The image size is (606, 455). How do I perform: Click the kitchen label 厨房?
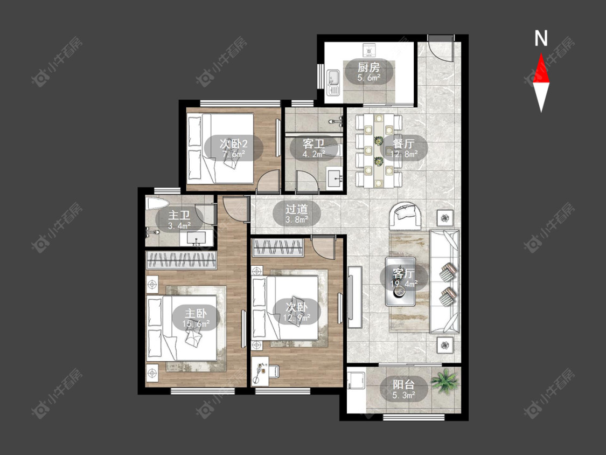tap(368, 67)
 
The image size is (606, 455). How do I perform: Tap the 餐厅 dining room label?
tap(403, 143)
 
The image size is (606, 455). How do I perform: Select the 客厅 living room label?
tap(403, 273)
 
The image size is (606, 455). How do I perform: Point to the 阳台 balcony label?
tap(403, 384)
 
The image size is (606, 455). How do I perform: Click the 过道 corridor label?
tap(297, 209)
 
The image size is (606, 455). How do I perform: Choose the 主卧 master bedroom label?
tap(196, 313)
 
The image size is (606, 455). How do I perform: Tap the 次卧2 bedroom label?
tap(233, 144)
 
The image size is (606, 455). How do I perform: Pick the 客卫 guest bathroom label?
tap(314, 144)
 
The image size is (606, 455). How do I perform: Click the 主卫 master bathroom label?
tap(179, 215)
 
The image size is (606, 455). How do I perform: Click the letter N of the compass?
tap(541, 38)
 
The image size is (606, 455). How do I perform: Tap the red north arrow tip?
tap(541, 53)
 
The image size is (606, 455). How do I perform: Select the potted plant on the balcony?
tap(444, 381)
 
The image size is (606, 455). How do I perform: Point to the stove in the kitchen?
tap(369, 50)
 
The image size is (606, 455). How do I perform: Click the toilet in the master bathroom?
tap(157, 203)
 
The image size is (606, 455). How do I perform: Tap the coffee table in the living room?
tap(400, 281)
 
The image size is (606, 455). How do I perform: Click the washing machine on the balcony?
tap(356, 381)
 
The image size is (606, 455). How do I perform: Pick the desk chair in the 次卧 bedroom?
tap(273, 370)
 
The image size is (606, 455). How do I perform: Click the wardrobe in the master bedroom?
tap(181, 260)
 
